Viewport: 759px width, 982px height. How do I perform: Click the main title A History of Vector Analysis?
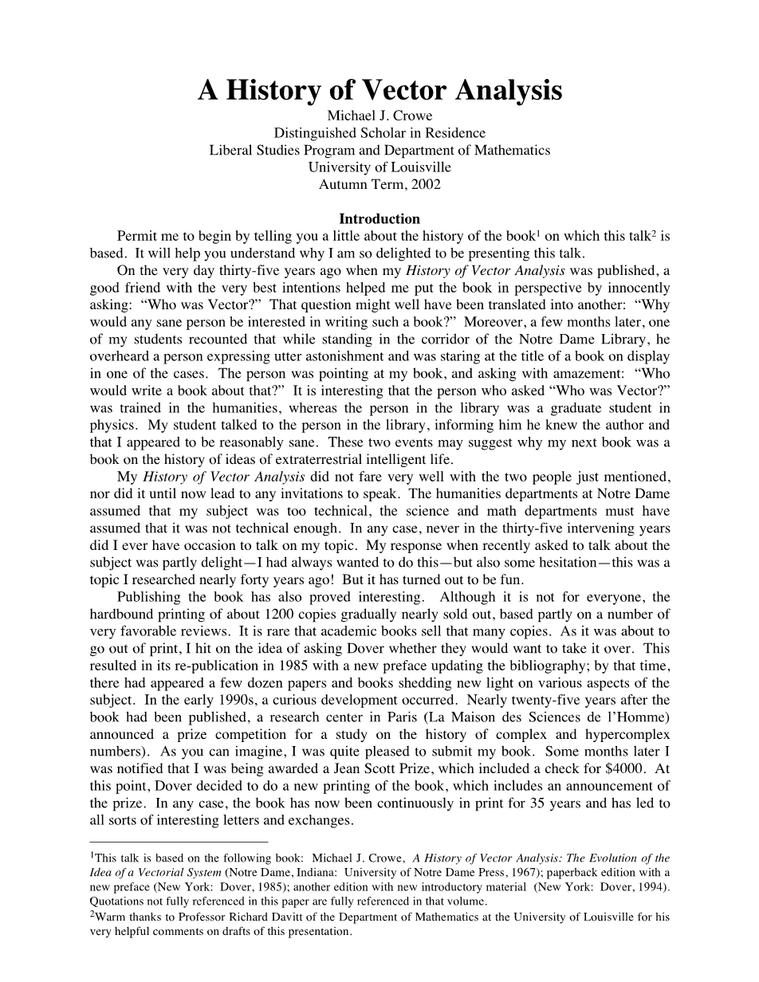pyautogui.click(x=379, y=91)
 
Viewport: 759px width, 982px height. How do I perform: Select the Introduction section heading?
pyautogui.click(x=379, y=218)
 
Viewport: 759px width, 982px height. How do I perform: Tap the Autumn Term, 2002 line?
pyautogui.click(x=379, y=184)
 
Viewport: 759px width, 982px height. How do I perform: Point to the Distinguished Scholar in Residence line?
pyautogui.click(x=379, y=133)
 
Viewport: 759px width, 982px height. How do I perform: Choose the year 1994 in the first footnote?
pyautogui.click(x=653, y=887)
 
